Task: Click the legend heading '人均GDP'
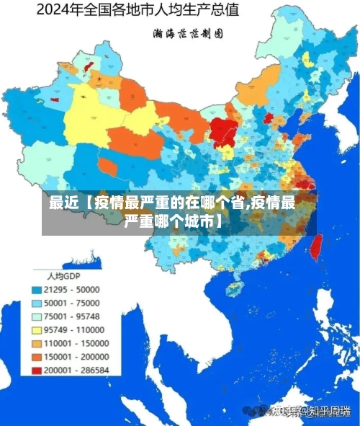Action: [63, 275]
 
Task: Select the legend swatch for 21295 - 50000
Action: [37, 289]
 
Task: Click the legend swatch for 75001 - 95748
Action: [37, 316]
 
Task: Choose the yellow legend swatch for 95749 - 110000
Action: [37, 329]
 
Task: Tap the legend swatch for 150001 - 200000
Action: [37, 356]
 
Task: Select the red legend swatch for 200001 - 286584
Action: [37, 370]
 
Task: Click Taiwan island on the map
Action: [314, 248]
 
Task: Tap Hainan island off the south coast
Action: [235, 288]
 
